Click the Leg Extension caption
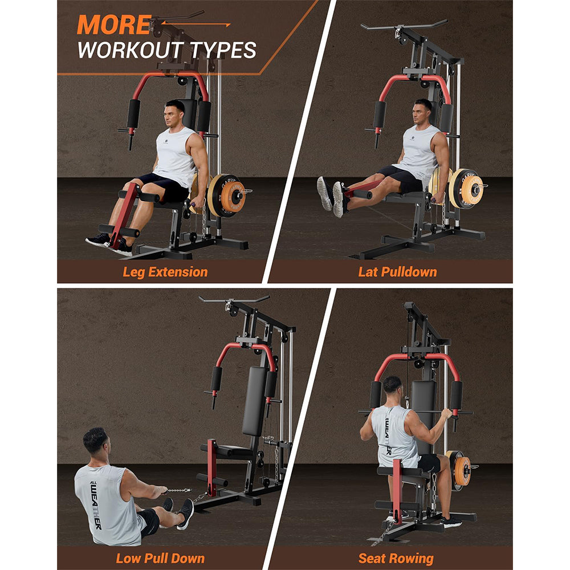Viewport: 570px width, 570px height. tap(165, 271)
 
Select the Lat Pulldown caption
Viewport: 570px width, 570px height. tap(397, 271)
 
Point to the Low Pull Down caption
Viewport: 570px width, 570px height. tap(160, 558)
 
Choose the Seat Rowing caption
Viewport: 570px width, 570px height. tap(396, 558)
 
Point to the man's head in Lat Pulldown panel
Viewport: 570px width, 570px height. tap(422, 113)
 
